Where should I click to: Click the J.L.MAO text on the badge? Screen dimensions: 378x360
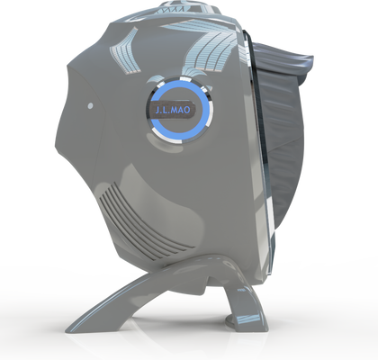(173, 110)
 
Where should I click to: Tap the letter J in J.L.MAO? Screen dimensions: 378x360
(157, 111)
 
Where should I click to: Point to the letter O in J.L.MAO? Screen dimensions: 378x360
(186, 110)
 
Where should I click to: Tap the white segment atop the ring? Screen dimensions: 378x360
(185, 78)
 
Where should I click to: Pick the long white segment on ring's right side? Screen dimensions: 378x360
(211, 114)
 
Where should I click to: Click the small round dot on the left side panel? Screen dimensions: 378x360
(90, 105)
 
